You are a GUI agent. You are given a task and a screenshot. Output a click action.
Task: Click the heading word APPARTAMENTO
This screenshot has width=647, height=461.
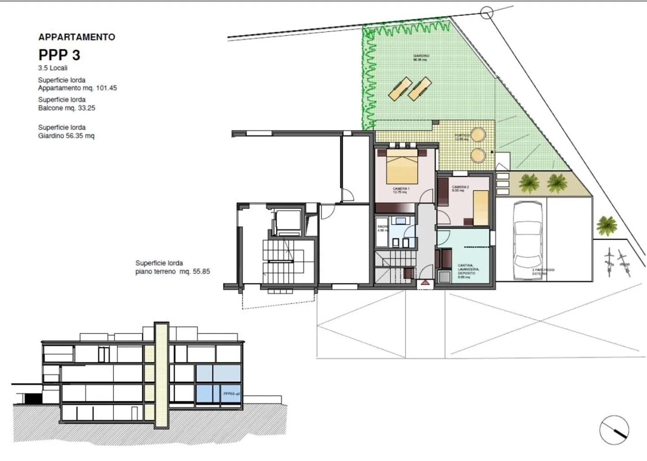click(77, 37)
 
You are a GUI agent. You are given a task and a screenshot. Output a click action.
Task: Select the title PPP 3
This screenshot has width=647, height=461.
click(59, 55)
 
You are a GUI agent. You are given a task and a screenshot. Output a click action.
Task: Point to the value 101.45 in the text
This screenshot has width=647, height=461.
click(106, 88)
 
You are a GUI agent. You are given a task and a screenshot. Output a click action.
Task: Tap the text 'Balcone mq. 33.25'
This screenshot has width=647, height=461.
click(66, 108)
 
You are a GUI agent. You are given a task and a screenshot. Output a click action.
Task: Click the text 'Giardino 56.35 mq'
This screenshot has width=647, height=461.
click(66, 136)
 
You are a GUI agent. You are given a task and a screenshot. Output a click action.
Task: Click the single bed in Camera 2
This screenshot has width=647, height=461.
click(481, 207)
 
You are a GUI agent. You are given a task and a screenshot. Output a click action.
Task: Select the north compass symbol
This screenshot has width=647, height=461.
click(614, 430)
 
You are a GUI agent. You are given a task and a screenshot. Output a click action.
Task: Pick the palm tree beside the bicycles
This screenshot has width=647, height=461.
click(607, 224)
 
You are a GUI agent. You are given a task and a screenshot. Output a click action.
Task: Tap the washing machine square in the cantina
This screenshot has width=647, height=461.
click(444, 276)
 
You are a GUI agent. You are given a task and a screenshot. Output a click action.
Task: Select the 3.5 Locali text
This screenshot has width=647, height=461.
click(53, 68)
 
